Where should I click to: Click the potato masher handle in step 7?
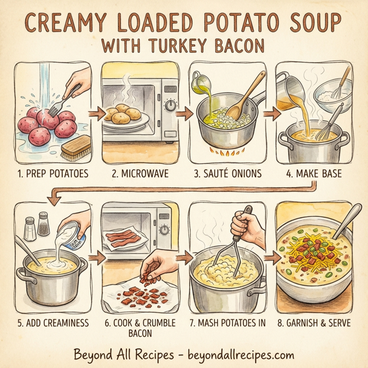click(x=243, y=217)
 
